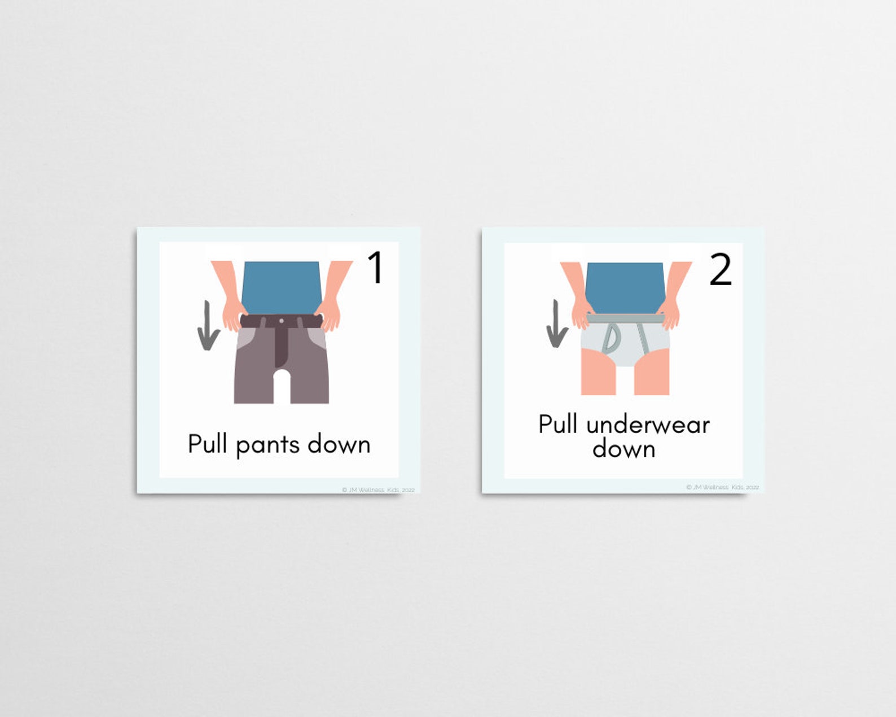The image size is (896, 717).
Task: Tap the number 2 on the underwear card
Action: point(721,270)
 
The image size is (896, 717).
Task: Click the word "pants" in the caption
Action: point(267,445)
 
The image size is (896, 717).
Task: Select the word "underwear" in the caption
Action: point(648,425)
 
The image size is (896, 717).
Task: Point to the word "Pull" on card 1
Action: point(207,444)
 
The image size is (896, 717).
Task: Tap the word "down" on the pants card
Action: point(339,444)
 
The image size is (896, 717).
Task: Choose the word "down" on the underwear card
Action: point(624,449)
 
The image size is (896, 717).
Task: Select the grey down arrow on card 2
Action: point(557,324)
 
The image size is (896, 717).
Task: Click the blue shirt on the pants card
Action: point(281,287)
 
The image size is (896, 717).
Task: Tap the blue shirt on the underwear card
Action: point(625,287)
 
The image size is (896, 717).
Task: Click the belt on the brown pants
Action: point(260,321)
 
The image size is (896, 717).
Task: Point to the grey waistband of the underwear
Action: point(624,320)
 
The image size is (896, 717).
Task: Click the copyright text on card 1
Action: point(378,489)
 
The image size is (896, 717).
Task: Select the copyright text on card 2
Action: point(723,487)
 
